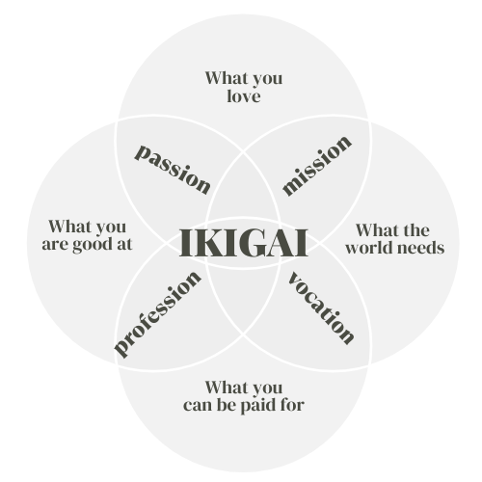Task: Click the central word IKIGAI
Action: [x=244, y=243]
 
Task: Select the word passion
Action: [x=173, y=170]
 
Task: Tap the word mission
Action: [x=317, y=165]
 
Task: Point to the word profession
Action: [x=157, y=314]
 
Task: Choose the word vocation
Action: [x=321, y=308]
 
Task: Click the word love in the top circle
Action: [x=244, y=95]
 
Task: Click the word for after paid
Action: [x=292, y=404]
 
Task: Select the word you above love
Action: [x=267, y=80]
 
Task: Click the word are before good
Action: [x=55, y=245]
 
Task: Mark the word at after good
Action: [x=124, y=245]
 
